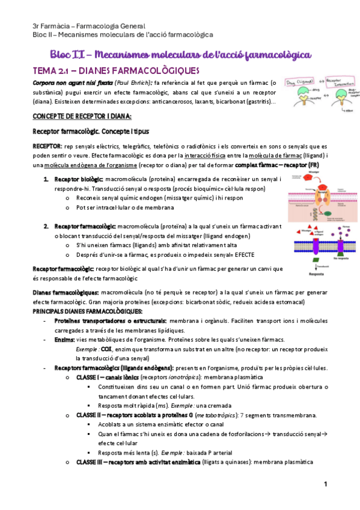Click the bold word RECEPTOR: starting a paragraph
coord(46,147)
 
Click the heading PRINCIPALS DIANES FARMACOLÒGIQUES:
coord(87,311)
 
